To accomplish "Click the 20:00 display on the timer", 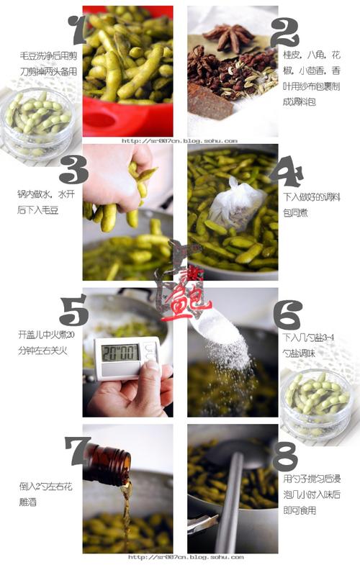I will point(120,353).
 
